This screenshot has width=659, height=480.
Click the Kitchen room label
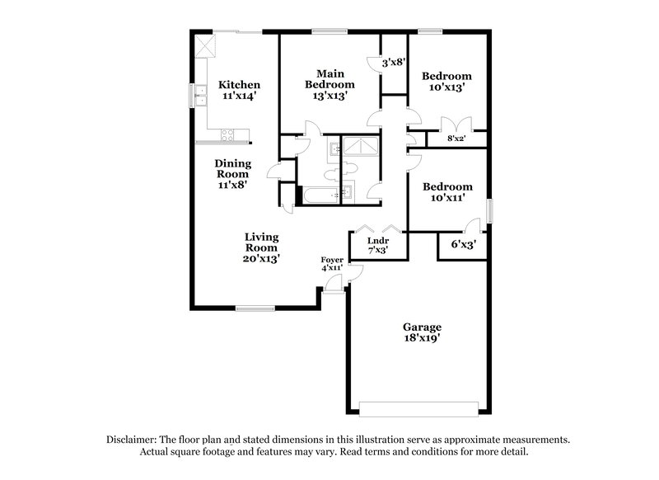click(x=239, y=85)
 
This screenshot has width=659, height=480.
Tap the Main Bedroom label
click(x=329, y=78)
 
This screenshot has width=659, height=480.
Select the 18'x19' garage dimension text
click(x=422, y=338)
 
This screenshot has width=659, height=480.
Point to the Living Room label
click(x=261, y=242)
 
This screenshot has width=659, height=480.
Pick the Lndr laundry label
click(x=378, y=241)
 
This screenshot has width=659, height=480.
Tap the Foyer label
click(x=332, y=261)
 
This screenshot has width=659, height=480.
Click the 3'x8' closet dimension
click(x=393, y=62)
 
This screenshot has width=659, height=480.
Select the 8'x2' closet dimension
click(x=456, y=139)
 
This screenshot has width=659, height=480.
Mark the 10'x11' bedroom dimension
click(x=446, y=198)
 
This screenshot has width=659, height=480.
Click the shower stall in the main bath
click(x=360, y=147)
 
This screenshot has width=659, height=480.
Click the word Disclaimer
click(x=132, y=440)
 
